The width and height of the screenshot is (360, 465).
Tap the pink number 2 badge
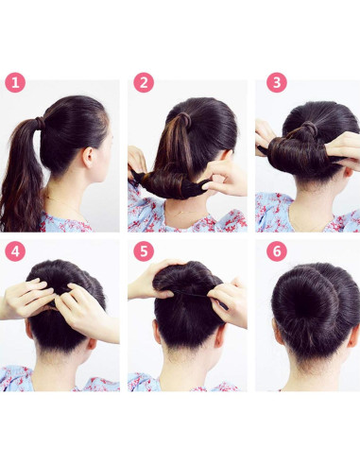[144, 83]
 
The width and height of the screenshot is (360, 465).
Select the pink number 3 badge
[276, 83]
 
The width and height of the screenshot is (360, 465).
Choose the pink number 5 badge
[144, 252]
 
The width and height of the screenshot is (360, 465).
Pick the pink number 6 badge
[276, 252]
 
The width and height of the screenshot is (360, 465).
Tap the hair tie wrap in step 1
[40, 122]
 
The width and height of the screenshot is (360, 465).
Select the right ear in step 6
[357, 331]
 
